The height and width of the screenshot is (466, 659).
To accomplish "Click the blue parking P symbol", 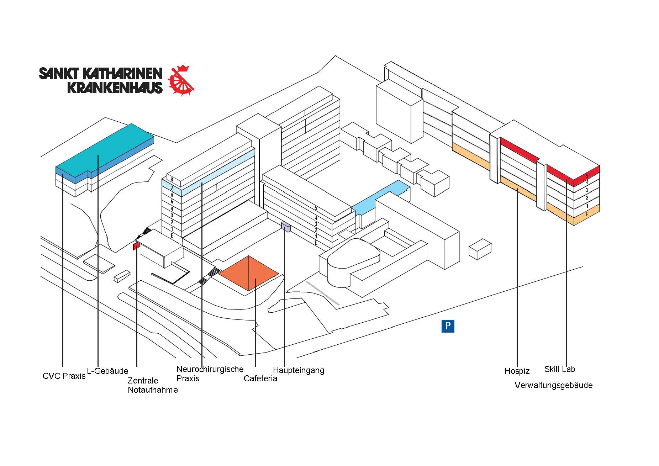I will [448, 326].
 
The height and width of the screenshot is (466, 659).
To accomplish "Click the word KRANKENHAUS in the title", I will [115, 88].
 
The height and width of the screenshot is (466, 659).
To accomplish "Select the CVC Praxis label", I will [64, 376].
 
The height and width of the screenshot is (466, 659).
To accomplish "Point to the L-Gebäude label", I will [107, 371].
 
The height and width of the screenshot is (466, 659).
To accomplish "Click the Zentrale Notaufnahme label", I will [152, 385].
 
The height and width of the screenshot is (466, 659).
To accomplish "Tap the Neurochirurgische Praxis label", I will [210, 374].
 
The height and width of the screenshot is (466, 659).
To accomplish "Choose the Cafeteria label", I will [260, 378].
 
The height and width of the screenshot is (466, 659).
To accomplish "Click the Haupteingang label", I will [299, 370].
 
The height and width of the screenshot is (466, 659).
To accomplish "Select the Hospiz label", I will [517, 371].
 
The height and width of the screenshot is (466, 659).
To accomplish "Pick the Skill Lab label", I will [559, 369].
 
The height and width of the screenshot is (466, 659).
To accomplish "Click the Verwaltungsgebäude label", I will [553, 385].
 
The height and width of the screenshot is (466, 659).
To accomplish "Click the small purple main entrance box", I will [286, 227].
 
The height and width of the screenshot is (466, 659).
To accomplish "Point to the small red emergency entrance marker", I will [135, 247].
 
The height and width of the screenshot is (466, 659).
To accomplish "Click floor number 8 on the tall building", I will [172, 180].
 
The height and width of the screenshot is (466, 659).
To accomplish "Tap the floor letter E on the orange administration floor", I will [587, 214].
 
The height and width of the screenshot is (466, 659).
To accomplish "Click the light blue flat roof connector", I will [381, 198].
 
